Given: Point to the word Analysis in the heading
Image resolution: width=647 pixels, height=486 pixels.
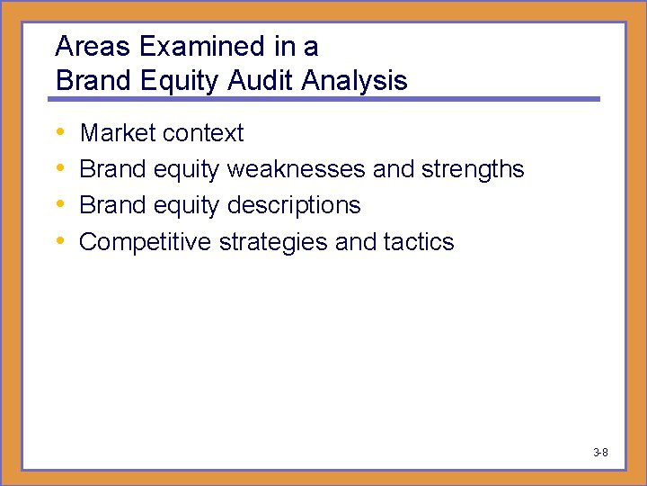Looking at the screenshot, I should click(x=355, y=81).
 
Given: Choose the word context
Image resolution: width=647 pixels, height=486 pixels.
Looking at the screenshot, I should click(x=201, y=133).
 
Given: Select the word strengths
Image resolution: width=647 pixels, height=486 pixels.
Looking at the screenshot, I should click(x=475, y=169).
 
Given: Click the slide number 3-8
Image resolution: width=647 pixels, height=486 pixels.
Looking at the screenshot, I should click(x=600, y=452).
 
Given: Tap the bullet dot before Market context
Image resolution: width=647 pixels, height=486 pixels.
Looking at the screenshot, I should click(x=60, y=133).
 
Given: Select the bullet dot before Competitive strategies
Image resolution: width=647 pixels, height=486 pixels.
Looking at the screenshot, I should click(x=60, y=241).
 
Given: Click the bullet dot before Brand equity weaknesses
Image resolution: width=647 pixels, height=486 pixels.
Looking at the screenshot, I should click(x=60, y=169).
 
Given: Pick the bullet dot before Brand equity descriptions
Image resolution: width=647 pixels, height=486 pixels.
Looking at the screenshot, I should click(x=60, y=205).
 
